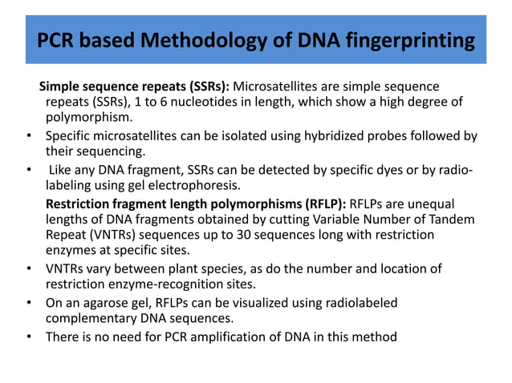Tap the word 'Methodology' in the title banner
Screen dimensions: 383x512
pyautogui.click(x=203, y=39)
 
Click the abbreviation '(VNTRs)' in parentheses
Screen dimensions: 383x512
pyautogui.click(x=112, y=236)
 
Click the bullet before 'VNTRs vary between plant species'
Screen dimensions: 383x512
pyautogui.click(x=30, y=268)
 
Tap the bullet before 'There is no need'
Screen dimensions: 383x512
pyautogui.click(x=30, y=337)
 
